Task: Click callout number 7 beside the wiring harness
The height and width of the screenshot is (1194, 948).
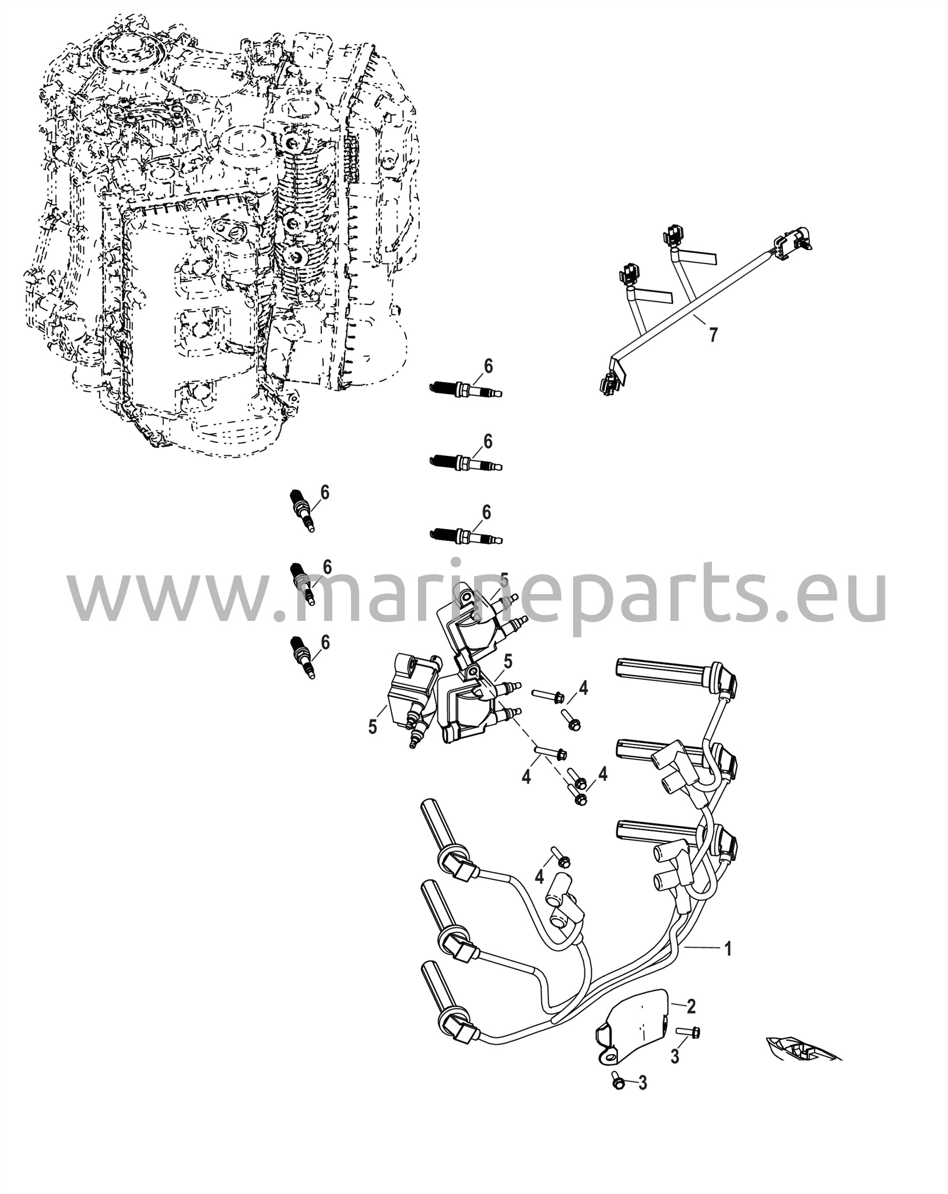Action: tap(713, 335)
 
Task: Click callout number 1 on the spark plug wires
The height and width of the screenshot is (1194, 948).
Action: tap(727, 949)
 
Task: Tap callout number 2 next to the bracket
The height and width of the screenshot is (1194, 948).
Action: tap(691, 1006)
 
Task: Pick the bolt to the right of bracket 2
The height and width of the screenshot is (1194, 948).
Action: tap(689, 1032)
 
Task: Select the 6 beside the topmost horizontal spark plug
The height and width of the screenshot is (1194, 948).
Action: tap(488, 366)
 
